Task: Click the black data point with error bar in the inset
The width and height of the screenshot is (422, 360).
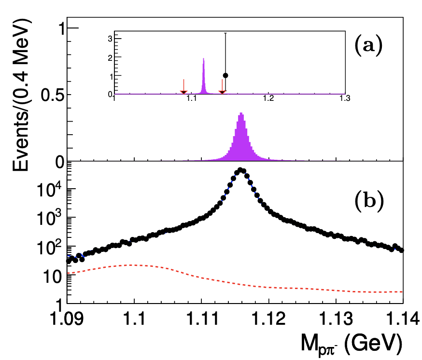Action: [225, 75]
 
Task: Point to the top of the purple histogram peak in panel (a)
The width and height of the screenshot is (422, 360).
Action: [241, 114]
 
